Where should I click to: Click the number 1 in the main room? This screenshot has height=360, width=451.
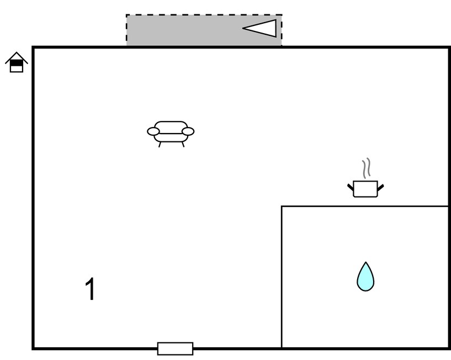[x=91, y=289]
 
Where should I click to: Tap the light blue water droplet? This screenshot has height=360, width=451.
[x=365, y=277]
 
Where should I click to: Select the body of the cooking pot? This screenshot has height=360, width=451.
[x=365, y=189]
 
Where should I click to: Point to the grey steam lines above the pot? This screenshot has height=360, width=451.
[x=366, y=168]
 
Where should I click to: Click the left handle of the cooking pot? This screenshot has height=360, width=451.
[x=351, y=187]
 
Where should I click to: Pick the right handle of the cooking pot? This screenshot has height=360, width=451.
[x=380, y=188]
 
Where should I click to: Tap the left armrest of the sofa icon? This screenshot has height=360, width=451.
[x=153, y=131]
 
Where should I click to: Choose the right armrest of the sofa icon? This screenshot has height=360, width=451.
[x=188, y=131]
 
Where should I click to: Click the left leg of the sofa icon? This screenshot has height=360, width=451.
[x=160, y=145]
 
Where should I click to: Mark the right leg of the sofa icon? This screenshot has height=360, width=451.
[x=183, y=145]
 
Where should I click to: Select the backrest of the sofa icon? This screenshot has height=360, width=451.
[x=171, y=126]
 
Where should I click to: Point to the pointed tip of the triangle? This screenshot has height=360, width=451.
[x=243, y=28]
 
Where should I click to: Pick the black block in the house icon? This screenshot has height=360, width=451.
[x=17, y=63]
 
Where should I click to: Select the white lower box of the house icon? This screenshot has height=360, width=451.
[x=17, y=69]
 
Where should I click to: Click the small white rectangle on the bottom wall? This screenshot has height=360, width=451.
[x=175, y=348]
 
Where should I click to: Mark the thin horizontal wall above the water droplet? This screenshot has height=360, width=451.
[x=365, y=206]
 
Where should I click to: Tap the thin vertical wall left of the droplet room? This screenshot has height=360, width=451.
[x=282, y=277]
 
